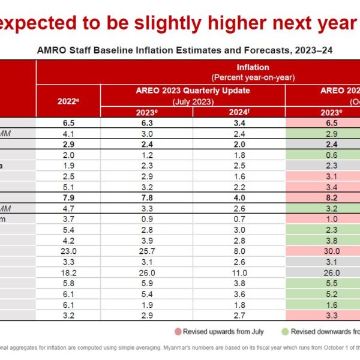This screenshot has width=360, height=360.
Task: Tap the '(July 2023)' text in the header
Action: point(192,101)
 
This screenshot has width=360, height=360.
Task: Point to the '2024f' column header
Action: point(238,112)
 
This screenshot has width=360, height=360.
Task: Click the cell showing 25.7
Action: point(146,251)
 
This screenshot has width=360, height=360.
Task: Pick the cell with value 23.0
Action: point(68,251)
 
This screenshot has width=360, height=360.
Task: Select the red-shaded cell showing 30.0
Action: point(323,251)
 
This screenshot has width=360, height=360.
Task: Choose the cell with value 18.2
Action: point(68,272)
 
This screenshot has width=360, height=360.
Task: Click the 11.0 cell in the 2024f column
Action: point(238,272)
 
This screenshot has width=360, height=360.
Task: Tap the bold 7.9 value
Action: point(68,197)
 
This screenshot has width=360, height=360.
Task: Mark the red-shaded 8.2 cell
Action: point(323,197)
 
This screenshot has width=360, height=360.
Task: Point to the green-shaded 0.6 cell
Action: point(323,155)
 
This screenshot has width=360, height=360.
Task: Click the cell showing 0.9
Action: point(146,219)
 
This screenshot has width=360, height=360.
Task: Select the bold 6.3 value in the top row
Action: point(146,122)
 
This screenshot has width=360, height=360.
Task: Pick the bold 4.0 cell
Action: point(238,197)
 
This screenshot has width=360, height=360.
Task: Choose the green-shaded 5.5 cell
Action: point(323,283)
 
